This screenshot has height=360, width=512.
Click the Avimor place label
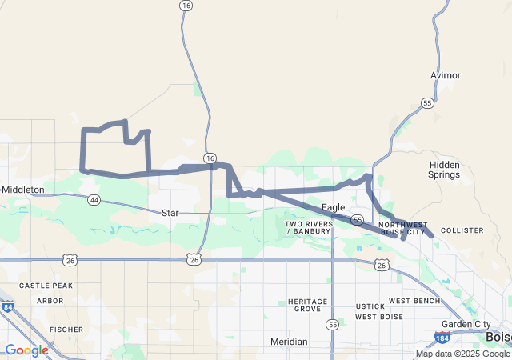click(445, 75)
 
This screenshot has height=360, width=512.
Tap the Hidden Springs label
click(444, 170)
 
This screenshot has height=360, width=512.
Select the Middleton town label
click(24, 190)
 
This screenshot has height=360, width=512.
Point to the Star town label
click(170, 214)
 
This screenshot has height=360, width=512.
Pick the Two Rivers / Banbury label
click(308, 227)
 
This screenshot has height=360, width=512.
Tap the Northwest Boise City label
click(402, 228)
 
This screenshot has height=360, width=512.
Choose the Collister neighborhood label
click(462, 230)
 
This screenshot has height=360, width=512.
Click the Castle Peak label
click(46, 286)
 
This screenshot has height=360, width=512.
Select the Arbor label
click(50, 301)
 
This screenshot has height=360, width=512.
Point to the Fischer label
click(66, 329)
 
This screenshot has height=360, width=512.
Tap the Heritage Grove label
click(307, 305)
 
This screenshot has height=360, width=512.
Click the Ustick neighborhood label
click(370, 306)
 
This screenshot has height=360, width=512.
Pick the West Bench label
click(414, 301)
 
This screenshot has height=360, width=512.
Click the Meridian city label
click(288, 342)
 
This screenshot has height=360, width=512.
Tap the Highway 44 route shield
click(94, 199)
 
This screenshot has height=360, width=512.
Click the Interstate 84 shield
click(7, 306)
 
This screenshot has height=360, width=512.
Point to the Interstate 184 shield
click(442, 337)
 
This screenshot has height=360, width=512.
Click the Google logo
click(26, 350)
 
